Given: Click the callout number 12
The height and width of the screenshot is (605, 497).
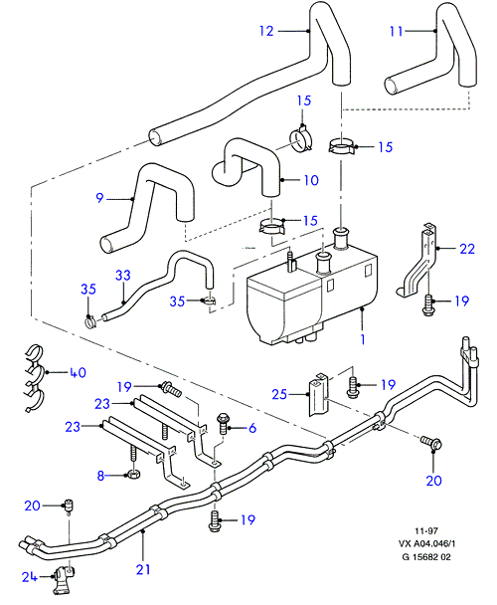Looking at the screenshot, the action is (x=266, y=31).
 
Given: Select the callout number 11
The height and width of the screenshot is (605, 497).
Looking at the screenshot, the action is (x=396, y=31).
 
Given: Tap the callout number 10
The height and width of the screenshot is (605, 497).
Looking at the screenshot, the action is (x=311, y=180).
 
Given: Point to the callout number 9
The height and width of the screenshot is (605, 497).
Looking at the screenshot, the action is (x=99, y=198).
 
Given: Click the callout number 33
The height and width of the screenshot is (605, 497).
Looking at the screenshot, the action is (x=123, y=275).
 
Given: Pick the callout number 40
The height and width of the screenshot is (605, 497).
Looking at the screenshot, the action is (x=78, y=372).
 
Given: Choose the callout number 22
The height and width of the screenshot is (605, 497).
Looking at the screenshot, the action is (x=467, y=249).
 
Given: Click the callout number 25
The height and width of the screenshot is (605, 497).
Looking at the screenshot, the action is (x=279, y=394).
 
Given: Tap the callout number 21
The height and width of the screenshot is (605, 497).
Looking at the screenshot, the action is (x=143, y=569).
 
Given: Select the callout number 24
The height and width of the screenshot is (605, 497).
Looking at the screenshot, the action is (x=29, y=577).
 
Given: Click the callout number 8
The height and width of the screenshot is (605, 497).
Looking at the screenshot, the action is (x=100, y=476).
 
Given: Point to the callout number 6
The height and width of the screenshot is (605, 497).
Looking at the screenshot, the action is (x=252, y=428).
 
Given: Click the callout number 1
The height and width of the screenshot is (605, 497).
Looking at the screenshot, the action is (x=363, y=339).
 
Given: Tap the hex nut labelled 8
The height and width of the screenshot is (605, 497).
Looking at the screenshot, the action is (x=133, y=474).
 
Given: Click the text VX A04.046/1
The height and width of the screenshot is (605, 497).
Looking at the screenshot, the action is (x=426, y=543).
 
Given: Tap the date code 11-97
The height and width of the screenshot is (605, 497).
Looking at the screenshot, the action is (x=426, y=530).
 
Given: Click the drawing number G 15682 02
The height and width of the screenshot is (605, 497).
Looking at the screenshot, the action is (x=426, y=557).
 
